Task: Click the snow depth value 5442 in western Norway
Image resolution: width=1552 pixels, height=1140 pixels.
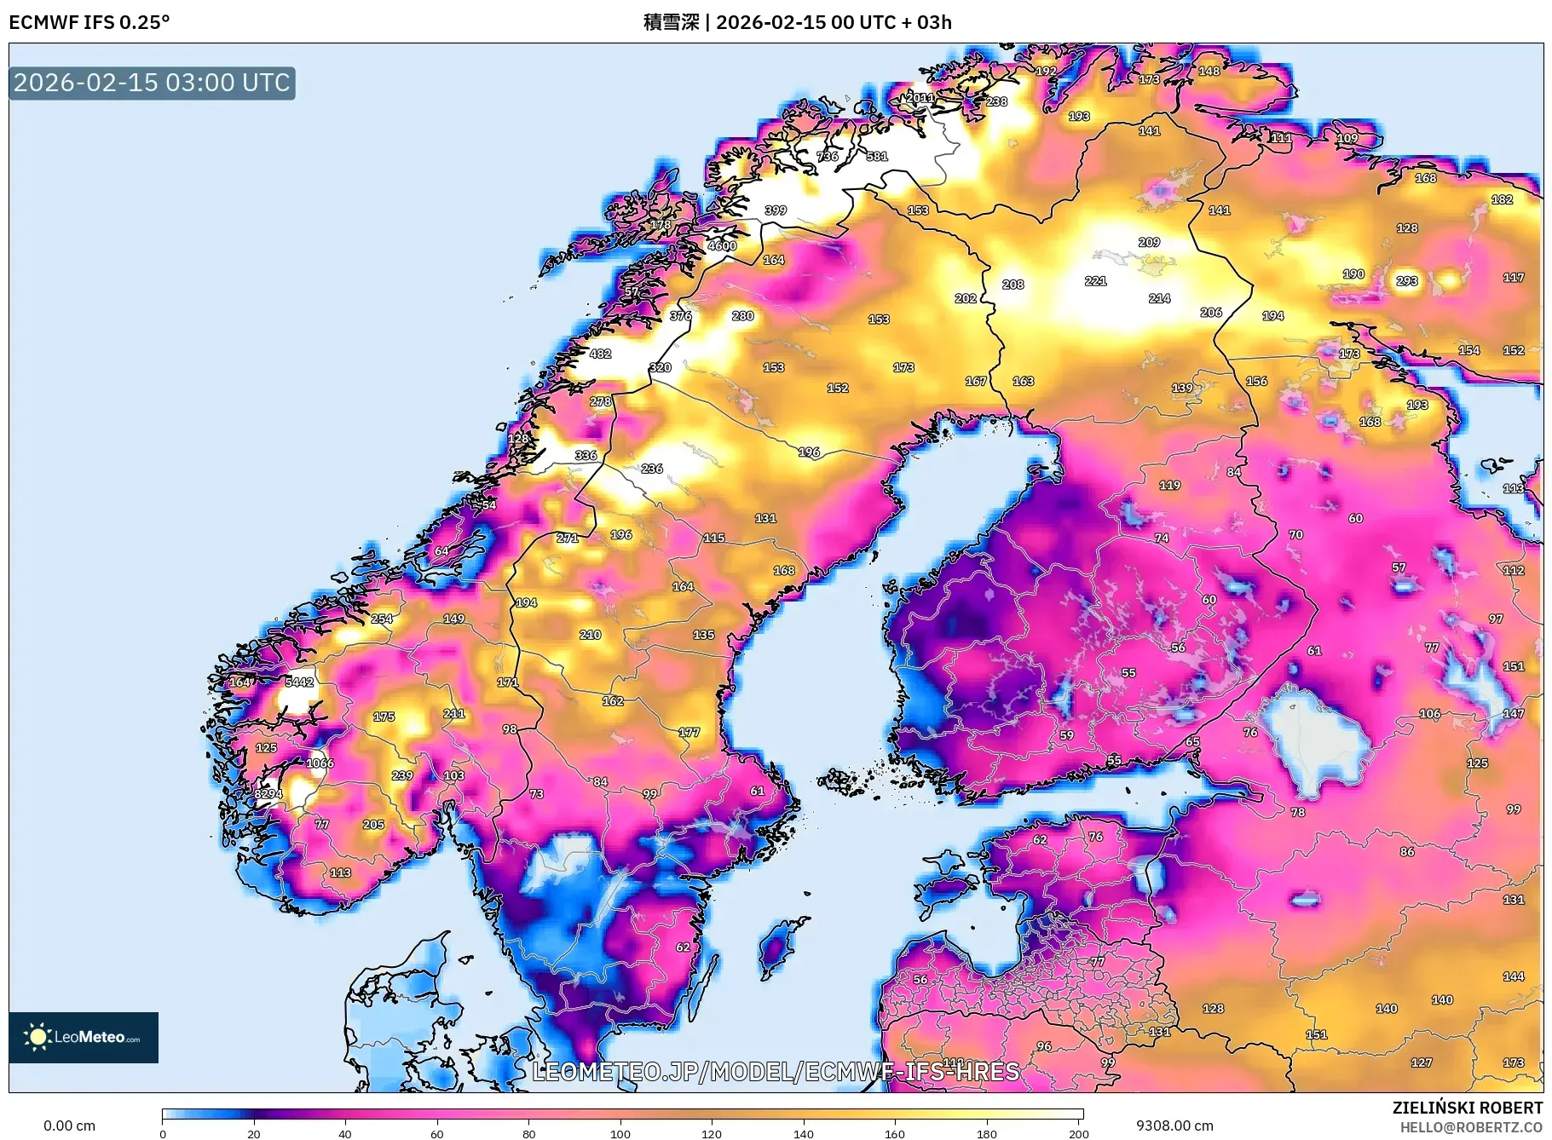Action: [x=299, y=682]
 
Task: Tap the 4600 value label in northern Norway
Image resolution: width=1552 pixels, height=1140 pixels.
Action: [x=721, y=245]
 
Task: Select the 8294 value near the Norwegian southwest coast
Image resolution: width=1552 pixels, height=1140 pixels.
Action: [x=268, y=793]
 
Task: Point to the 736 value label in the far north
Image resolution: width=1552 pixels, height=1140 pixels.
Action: [x=827, y=156]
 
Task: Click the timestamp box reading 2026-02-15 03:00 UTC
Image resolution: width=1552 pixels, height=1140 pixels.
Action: [x=152, y=83]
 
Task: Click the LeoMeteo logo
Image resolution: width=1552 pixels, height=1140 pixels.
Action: [x=84, y=1037]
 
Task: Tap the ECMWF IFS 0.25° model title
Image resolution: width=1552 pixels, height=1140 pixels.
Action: [x=89, y=22]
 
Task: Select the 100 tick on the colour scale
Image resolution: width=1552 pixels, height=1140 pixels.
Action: [x=620, y=1133]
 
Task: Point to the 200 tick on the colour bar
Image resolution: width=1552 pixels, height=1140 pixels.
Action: [x=1078, y=1133]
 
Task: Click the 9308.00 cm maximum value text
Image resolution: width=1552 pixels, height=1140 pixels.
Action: [x=1174, y=1126]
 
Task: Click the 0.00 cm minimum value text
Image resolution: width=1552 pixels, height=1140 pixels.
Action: [x=69, y=1126]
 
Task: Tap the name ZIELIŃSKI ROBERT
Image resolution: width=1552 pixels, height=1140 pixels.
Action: [x=1467, y=1108]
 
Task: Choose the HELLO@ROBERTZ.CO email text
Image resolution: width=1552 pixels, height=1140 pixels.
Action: [x=1470, y=1127]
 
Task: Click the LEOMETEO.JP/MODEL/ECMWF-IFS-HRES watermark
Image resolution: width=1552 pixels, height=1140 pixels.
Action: [x=776, y=1071]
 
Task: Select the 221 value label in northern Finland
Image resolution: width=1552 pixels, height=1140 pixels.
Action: [x=1095, y=280]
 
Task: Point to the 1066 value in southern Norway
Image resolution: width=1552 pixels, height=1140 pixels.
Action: [x=320, y=763]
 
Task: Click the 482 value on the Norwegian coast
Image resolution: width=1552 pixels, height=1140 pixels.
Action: [x=600, y=354]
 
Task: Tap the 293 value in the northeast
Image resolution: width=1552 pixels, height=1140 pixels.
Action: [x=1406, y=280]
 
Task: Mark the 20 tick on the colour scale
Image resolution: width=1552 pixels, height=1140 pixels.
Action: [x=253, y=1133]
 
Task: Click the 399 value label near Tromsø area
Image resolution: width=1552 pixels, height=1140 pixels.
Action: [x=775, y=210]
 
